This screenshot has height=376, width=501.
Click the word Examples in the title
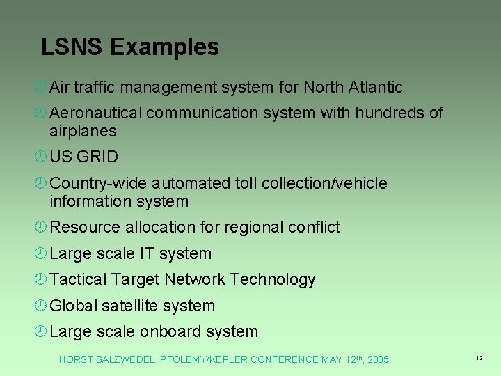pos(164,47)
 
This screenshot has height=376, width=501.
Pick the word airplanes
pos(83,131)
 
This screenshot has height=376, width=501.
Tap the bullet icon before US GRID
pos(41,157)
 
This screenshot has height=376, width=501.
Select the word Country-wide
pos(98,183)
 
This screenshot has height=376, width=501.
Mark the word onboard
pos(169,331)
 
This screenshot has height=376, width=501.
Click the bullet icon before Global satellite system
pos(41,305)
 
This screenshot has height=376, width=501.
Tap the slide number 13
pos(479,357)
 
